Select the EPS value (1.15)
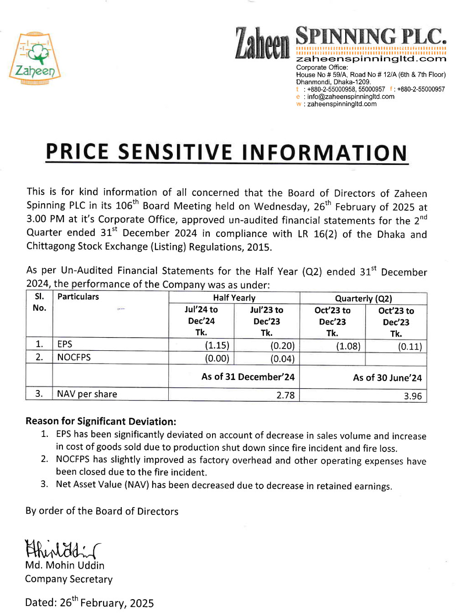point(217,345)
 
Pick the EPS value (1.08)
point(348,346)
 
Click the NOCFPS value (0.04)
point(282,359)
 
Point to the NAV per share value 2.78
point(285,395)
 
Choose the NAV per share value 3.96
point(413,396)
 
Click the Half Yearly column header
point(234,298)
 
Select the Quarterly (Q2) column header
point(363,298)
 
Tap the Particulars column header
point(78,297)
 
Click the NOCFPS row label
point(74,357)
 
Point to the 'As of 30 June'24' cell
point(387,378)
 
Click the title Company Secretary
point(69,579)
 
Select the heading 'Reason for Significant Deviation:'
point(101,421)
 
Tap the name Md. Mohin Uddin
point(65,565)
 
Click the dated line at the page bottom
point(89,602)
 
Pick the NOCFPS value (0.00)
point(217,358)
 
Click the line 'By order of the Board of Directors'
point(102,511)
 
